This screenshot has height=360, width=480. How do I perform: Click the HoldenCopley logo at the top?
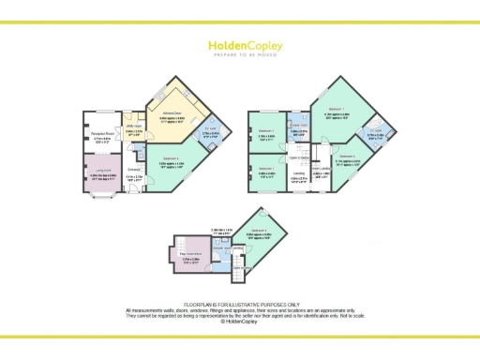[239, 44]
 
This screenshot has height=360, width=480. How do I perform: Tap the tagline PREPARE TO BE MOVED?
[239, 54]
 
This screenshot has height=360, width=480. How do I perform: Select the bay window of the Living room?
[98, 197]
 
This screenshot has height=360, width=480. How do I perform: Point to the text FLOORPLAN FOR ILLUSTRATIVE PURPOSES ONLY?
[239, 305]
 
